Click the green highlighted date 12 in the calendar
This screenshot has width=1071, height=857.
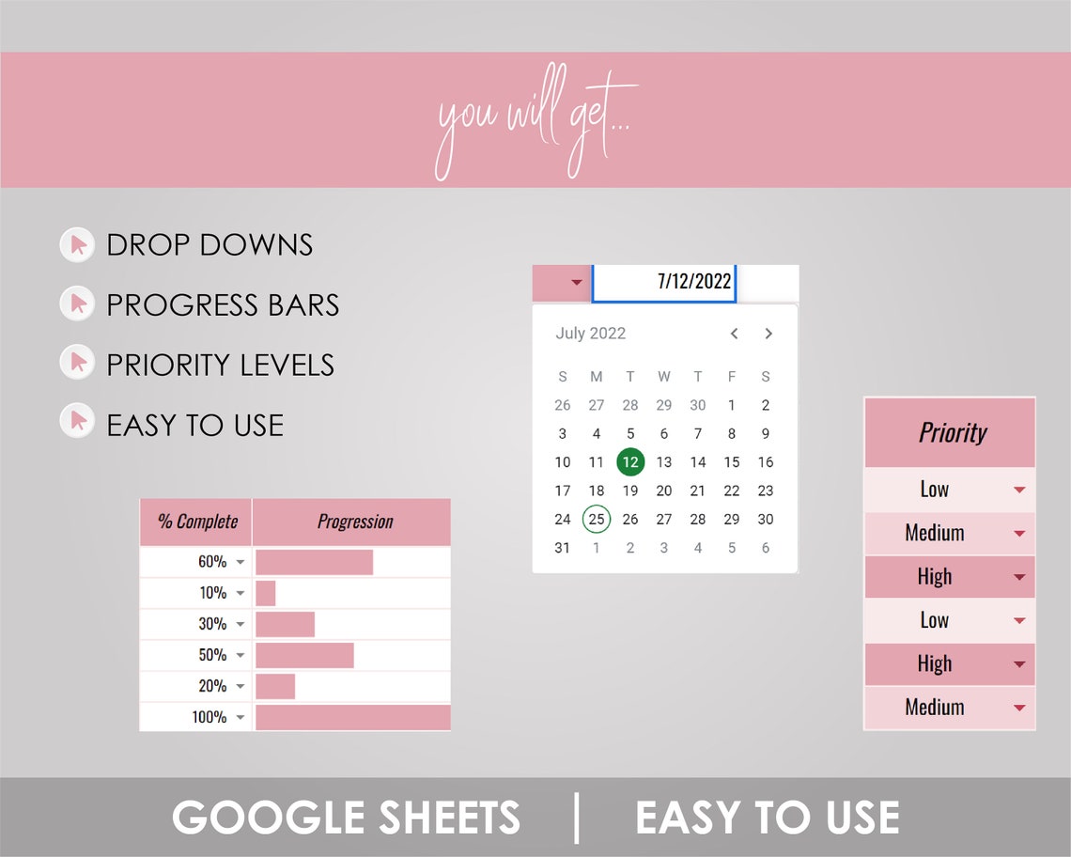(x=630, y=461)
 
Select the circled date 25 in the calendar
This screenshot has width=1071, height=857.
(x=597, y=519)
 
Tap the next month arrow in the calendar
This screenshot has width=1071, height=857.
(x=768, y=334)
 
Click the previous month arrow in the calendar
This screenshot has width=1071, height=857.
(x=735, y=334)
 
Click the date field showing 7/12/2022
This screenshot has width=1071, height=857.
(x=664, y=282)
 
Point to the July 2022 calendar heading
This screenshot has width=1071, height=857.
(x=590, y=334)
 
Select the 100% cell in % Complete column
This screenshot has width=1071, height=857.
(x=209, y=717)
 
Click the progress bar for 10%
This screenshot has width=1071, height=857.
(x=266, y=593)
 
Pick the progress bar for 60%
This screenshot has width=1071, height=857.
(x=314, y=562)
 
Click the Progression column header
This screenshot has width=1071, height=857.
(x=354, y=522)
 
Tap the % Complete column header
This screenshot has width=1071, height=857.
(x=196, y=522)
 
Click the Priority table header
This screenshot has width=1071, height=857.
(x=951, y=433)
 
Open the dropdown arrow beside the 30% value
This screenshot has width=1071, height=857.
(x=241, y=624)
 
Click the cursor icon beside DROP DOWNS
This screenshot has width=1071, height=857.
(x=77, y=245)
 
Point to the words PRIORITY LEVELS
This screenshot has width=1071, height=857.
(x=220, y=366)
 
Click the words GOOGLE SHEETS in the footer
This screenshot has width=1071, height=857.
(x=346, y=817)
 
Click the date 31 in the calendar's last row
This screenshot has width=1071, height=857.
(x=562, y=548)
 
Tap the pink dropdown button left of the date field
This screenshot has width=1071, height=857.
(x=561, y=282)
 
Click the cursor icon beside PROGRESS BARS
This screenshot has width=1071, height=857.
(x=77, y=304)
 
